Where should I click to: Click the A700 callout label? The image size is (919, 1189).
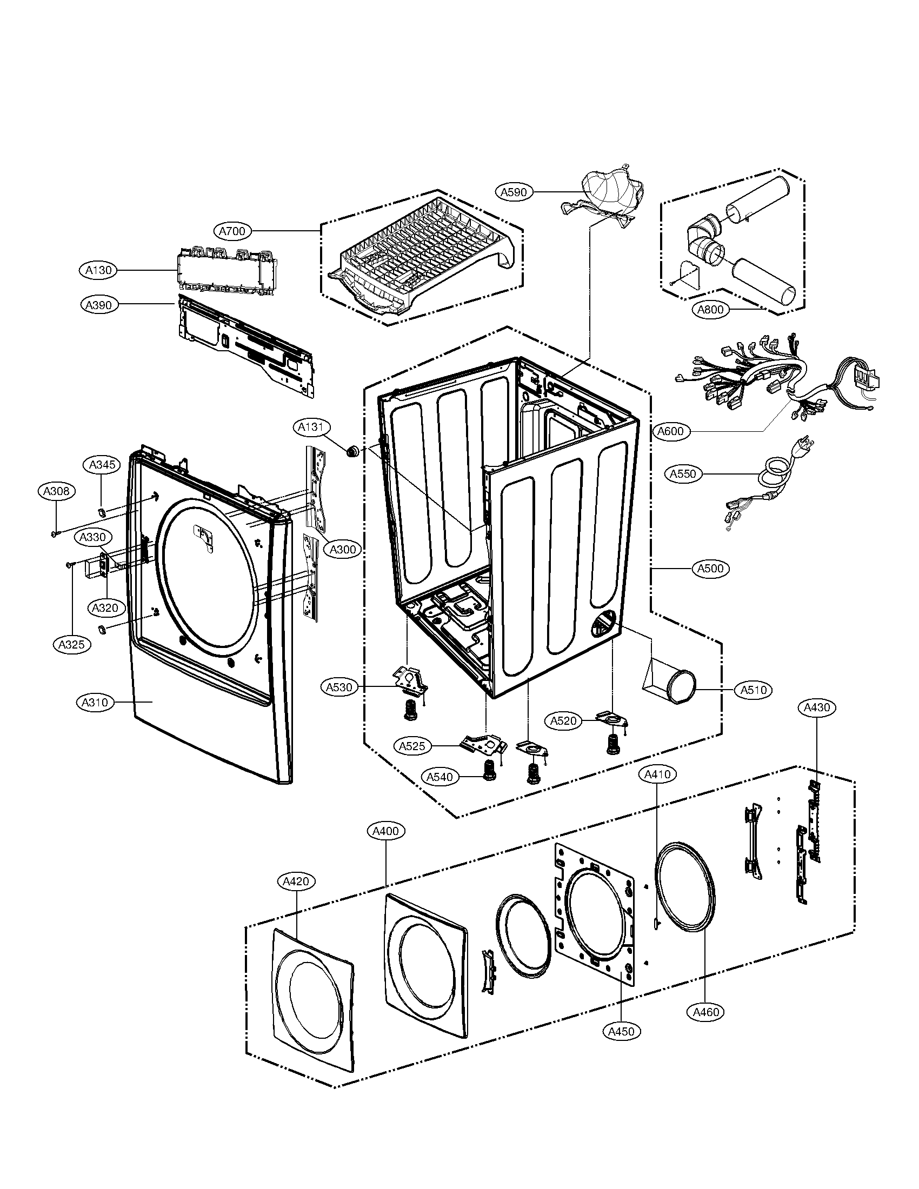[232, 231]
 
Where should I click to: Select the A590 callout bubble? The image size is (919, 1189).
[514, 192]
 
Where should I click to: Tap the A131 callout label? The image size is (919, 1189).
[311, 427]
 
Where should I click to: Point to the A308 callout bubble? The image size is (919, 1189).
[57, 491]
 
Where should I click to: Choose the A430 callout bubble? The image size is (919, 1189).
[817, 707]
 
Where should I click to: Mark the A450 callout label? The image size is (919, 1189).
[622, 1031]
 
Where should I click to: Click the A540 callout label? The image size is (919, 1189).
[439, 777]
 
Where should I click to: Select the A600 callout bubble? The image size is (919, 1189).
[671, 431]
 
